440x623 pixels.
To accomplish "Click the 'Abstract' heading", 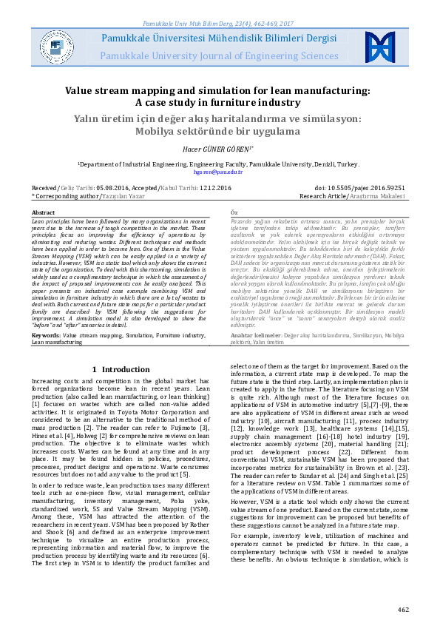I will click(44, 212).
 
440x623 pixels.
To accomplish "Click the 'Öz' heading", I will click(235, 212).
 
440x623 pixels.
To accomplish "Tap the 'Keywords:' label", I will click(46, 335).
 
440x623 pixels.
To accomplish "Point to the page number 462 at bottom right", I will click(402, 610).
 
